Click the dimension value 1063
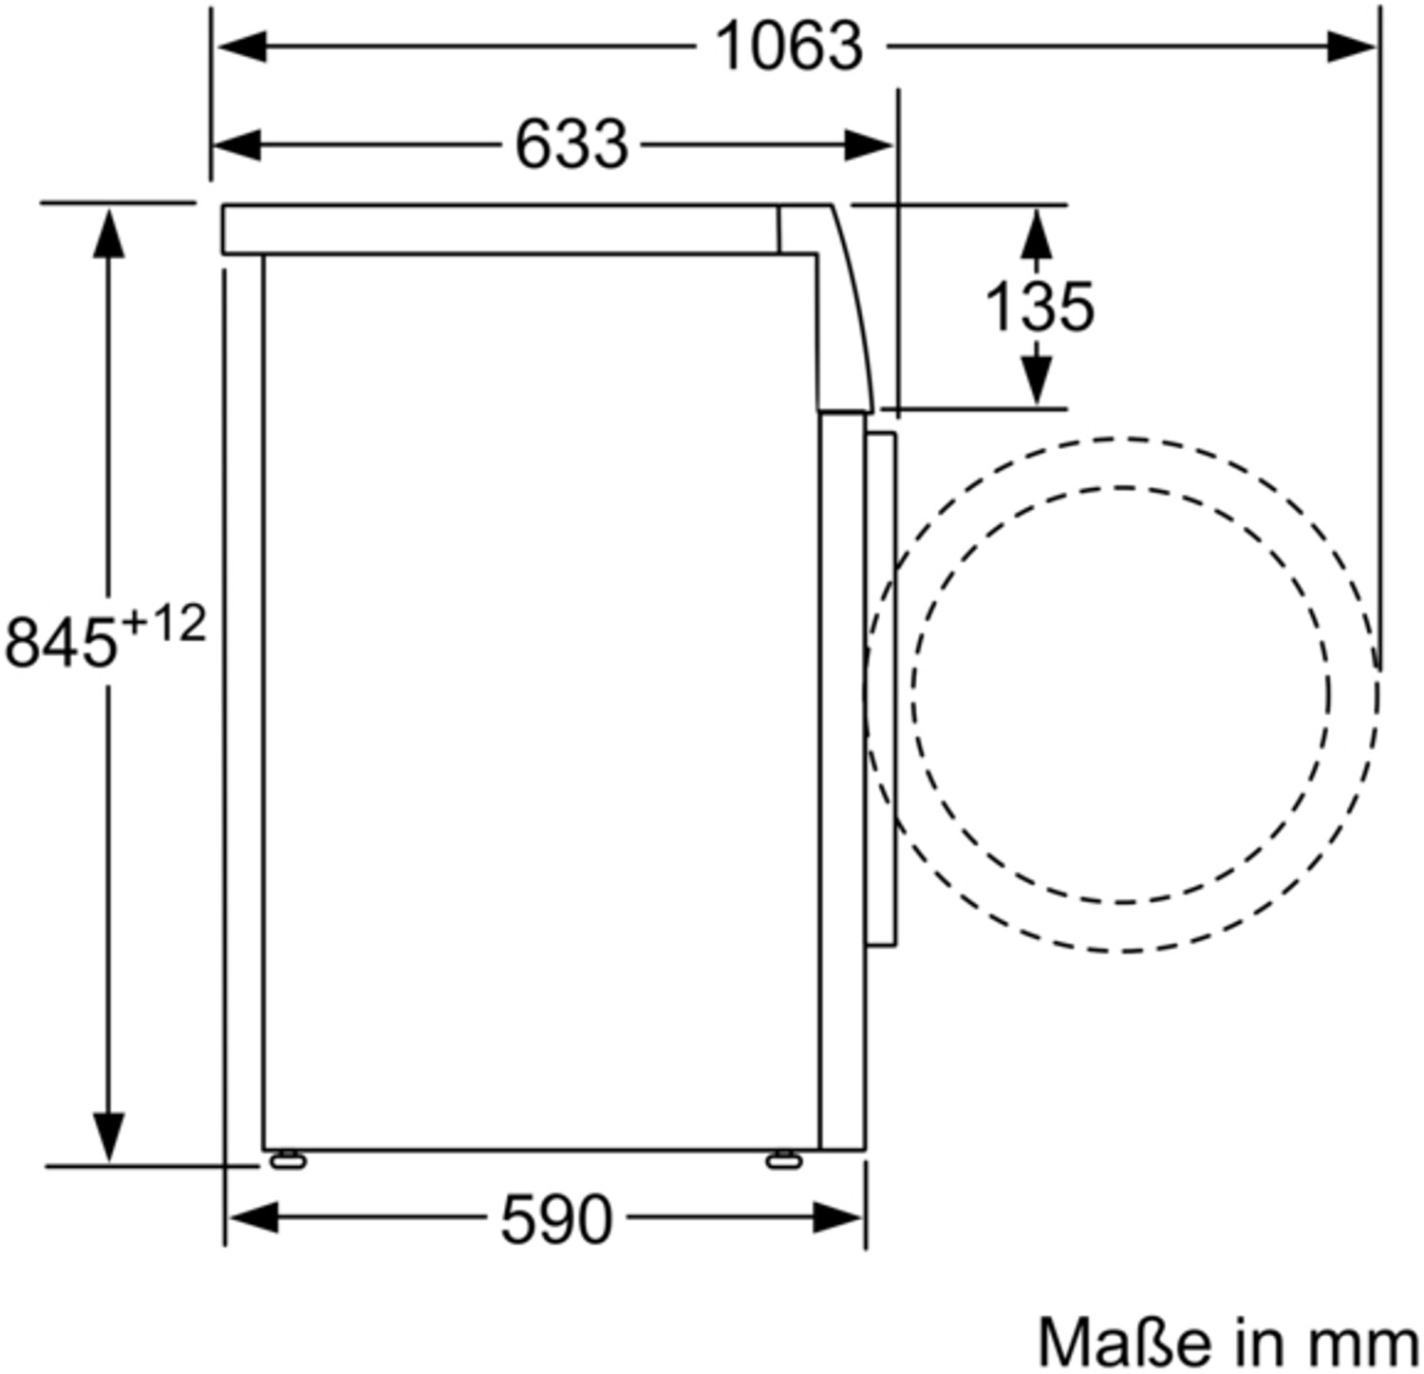(789, 46)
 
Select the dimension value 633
(571, 144)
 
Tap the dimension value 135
(1040, 306)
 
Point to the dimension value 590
(556, 1220)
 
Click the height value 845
(60, 642)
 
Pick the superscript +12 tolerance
(163, 626)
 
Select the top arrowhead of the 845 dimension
(108, 234)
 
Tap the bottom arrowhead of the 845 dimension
(108, 1136)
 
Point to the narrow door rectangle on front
(880, 688)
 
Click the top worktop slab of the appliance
(500, 229)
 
